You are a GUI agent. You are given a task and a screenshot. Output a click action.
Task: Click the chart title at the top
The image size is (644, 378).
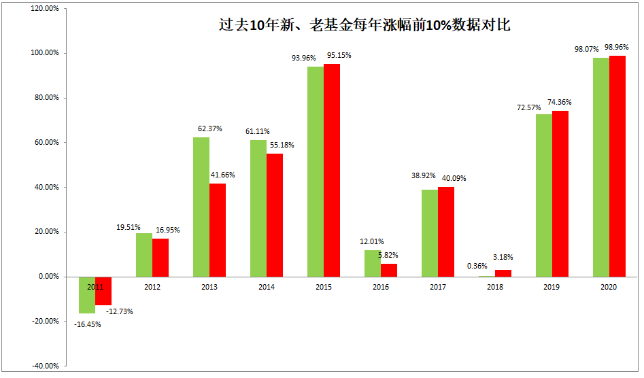(365, 27)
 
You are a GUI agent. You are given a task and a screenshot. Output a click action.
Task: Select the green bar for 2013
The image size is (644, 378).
(201, 207)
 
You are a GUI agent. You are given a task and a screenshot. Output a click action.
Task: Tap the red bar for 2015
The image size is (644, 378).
(331, 170)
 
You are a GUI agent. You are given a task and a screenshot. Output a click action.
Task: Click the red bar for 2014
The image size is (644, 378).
(274, 215)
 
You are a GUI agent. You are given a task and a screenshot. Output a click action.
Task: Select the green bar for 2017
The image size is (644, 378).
(430, 233)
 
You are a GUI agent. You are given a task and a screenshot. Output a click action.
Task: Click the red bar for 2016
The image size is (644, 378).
(388, 270)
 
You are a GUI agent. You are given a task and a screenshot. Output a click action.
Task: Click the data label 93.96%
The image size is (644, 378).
(304, 58)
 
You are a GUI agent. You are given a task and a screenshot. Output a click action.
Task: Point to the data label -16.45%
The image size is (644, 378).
(88, 324)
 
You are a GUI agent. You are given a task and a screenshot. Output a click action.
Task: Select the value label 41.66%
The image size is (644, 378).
(223, 175)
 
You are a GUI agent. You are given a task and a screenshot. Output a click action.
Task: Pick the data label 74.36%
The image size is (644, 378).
(560, 102)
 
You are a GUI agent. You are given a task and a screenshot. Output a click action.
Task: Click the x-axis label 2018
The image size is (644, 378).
(494, 288)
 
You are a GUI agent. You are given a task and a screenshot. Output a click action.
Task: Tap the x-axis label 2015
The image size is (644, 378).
(323, 288)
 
